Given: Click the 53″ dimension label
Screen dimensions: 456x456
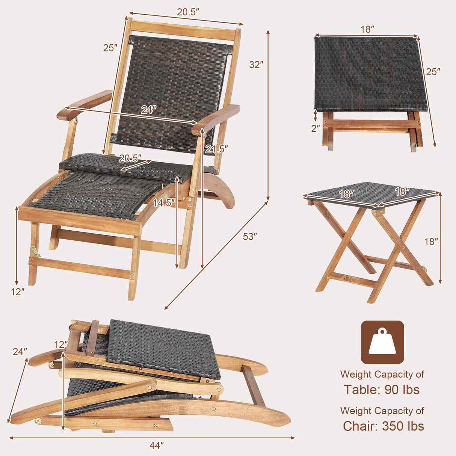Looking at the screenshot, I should (250, 237).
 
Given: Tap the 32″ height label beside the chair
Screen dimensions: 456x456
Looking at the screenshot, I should (256, 65).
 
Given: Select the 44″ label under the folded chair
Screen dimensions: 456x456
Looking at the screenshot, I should (157, 445).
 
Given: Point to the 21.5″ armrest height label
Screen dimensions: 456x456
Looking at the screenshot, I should (217, 149).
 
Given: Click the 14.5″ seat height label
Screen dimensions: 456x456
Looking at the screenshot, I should (164, 203).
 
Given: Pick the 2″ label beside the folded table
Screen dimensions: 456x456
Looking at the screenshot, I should (316, 128).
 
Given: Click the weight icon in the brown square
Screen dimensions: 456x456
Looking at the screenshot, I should (382, 342).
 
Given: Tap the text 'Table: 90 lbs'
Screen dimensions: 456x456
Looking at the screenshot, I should (382, 390).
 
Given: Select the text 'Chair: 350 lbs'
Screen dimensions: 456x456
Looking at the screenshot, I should (383, 426).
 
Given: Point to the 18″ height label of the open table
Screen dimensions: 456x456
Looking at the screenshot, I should (431, 242).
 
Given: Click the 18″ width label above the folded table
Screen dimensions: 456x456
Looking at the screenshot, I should (367, 29).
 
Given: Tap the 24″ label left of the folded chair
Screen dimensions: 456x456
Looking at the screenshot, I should (20, 352).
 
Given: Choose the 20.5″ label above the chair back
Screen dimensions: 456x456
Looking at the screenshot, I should (188, 12).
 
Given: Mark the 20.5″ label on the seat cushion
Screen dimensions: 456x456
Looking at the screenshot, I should (130, 158).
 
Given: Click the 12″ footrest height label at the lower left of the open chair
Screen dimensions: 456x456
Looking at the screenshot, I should (17, 291).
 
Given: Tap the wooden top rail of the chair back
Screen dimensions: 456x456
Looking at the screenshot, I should (184, 30).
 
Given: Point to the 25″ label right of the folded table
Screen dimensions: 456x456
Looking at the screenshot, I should (433, 71).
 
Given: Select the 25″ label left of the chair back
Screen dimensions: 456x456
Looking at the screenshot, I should (110, 48).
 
